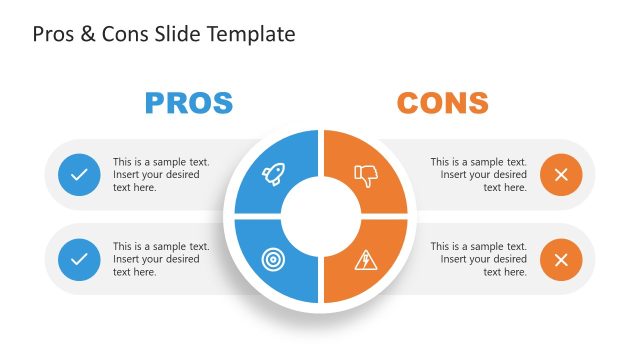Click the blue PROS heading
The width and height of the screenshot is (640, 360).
tap(189, 102)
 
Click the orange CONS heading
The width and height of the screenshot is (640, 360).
tap(442, 102)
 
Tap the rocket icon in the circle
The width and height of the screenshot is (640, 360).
tap(273, 175)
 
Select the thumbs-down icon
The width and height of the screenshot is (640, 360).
tap(366, 176)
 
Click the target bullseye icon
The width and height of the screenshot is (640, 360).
tap(273, 259)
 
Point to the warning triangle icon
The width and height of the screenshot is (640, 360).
tap(366, 260)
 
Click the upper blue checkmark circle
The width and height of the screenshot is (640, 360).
tap(79, 175)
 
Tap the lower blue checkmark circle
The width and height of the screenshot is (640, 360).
tap(79, 260)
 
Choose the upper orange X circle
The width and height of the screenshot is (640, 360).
tap(561, 175)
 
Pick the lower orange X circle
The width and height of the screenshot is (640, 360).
tap(561, 260)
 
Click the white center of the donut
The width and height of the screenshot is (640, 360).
tap(320, 216)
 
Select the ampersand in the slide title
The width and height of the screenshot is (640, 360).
tap(86, 35)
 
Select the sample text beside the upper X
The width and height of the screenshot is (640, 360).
tap(479, 175)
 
